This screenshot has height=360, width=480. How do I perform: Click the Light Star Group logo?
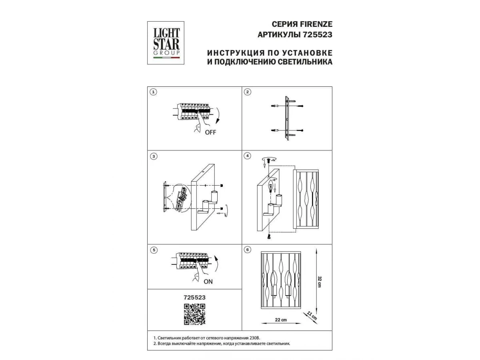coord(166,43)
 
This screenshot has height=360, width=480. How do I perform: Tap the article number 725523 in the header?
coord(317,35)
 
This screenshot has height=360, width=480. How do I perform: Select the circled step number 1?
coord(153,92)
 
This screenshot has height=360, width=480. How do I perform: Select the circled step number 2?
coord(247,92)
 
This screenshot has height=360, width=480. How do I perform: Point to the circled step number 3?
coord(154,156)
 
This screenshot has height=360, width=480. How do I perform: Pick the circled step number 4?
coord(247,156)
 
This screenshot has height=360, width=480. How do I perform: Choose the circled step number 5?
coord(154,250)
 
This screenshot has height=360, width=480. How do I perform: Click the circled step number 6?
coord(247,250)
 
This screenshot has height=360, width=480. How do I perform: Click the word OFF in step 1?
coord(210,132)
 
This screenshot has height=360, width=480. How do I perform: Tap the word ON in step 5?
coord(208,282)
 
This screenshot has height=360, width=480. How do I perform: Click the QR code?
coord(194,314)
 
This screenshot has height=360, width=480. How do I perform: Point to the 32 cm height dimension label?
coord(320,282)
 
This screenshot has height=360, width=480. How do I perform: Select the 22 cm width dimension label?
coord(281,320)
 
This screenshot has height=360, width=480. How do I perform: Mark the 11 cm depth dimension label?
coord(312,316)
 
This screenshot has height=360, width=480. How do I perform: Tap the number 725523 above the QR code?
coord(194,298)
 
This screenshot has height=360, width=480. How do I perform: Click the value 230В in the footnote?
coord(255,338)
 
